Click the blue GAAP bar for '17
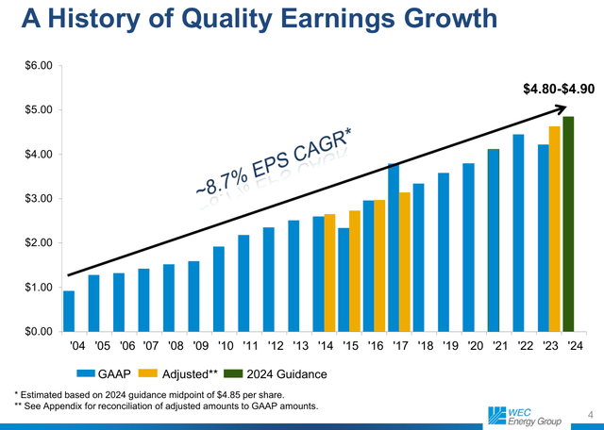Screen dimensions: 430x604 393,248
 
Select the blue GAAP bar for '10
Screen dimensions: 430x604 219,289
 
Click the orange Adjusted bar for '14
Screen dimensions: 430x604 330,273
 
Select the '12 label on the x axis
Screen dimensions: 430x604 269,346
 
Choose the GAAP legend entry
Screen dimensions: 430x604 105,374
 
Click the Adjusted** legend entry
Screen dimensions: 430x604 183,374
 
